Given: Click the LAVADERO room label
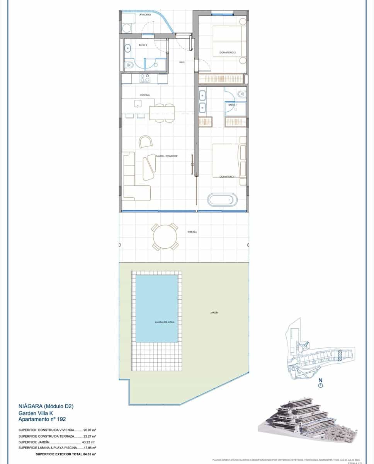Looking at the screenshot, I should pos(145,15).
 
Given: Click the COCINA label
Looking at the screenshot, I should pos(145,95).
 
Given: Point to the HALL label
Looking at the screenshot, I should pos(182,62).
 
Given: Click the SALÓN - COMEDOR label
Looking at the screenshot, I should pos(167,156).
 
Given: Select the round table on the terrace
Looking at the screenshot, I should pos(165,236).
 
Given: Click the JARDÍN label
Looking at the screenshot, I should pos(209,313).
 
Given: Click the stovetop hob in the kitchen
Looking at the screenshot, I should pos(144,78).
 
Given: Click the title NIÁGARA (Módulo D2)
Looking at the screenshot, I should pos(46,406).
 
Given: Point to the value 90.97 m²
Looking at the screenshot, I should pos(90,430).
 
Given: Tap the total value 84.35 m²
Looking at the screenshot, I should pos(89,454).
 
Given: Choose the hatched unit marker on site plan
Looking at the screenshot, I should pos(340,355).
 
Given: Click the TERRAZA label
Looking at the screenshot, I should pos(192,232).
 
